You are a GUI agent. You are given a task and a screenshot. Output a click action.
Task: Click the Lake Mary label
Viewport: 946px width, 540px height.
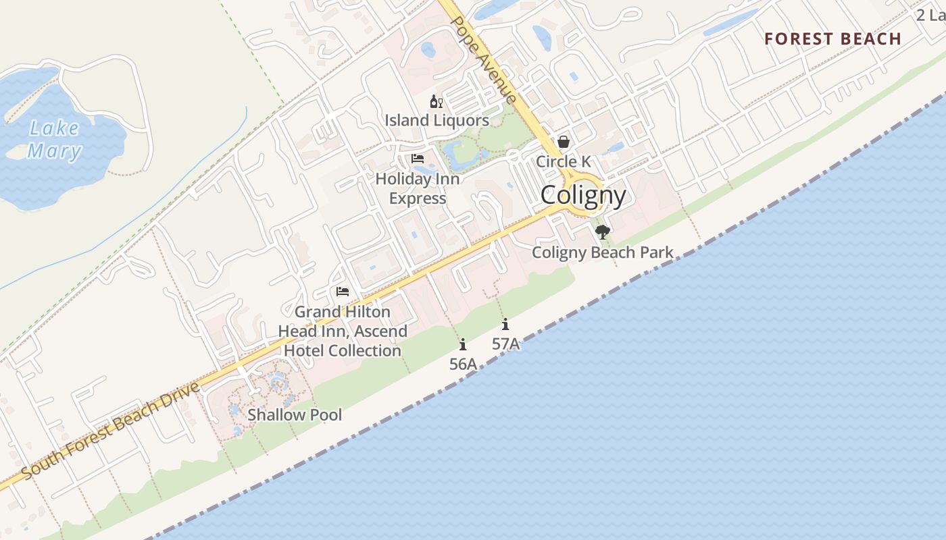[54, 139]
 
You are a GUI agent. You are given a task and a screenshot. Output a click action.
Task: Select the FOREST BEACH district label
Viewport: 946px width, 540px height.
[832, 39]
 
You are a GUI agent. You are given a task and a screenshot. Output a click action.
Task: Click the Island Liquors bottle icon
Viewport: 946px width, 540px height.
[436, 102]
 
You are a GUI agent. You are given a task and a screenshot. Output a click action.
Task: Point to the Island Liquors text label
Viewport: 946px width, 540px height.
[437, 121]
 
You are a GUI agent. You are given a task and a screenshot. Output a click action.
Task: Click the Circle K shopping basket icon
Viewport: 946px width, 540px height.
[563, 142]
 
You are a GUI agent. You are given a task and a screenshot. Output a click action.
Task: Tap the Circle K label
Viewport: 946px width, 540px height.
[563, 161]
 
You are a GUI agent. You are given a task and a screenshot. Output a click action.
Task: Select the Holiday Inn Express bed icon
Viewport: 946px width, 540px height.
[418, 159]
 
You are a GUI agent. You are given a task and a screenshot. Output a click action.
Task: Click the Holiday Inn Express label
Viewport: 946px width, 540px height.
[418, 188]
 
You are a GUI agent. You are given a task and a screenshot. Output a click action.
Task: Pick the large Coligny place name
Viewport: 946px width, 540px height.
[583, 195]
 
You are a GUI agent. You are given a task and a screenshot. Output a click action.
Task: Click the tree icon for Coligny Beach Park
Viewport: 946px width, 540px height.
[603, 233]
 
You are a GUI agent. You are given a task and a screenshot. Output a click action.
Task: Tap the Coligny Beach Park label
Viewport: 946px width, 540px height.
[602, 252]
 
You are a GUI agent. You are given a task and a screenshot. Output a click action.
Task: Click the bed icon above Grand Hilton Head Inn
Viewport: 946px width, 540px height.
[343, 292]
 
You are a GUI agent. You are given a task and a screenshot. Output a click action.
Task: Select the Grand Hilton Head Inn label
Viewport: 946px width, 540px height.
[343, 331]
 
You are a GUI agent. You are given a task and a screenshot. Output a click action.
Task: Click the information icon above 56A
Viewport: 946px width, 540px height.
[463, 345]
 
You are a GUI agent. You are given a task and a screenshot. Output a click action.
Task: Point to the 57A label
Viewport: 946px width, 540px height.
[505, 344]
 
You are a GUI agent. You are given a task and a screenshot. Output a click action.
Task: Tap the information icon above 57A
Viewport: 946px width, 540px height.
[505, 325]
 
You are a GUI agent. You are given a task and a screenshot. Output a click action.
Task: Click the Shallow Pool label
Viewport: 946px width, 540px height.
[295, 414]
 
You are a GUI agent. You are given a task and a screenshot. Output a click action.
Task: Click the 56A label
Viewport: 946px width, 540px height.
[463, 364]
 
